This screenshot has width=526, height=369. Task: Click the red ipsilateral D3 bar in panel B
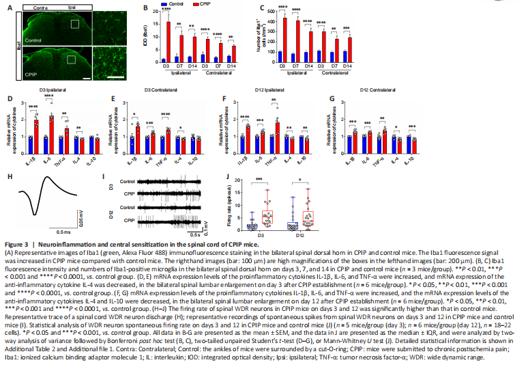coord(168,42)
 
